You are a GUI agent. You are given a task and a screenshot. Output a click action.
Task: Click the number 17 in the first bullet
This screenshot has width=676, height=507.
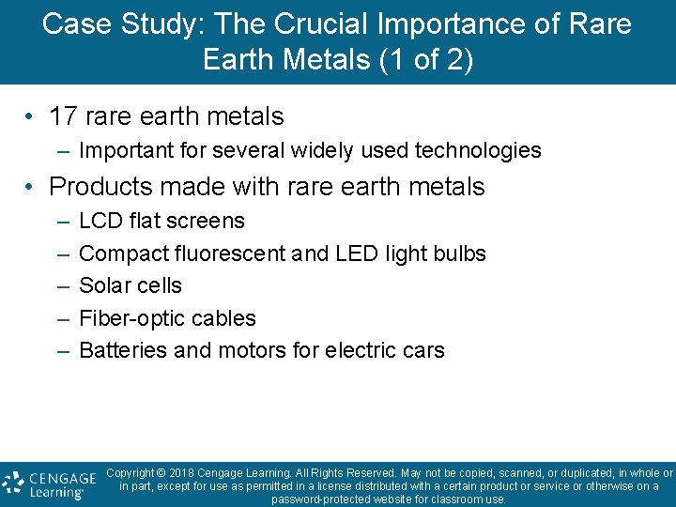[63, 116]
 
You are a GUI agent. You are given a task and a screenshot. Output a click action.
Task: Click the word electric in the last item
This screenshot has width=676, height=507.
[357, 351]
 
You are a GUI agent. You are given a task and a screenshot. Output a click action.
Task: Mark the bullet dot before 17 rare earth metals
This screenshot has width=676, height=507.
[31, 117]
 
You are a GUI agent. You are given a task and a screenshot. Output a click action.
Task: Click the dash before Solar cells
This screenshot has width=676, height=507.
[61, 285]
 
